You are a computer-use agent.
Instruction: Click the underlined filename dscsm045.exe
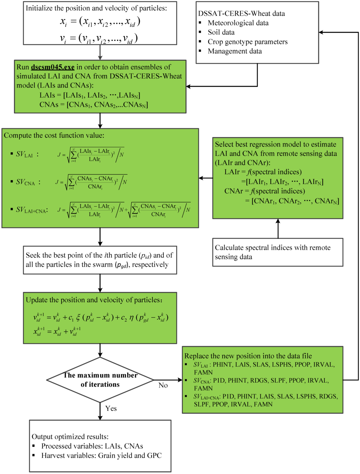click(53, 67)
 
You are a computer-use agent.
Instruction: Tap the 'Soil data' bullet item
click(221, 32)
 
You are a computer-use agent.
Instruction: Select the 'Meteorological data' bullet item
click(238, 23)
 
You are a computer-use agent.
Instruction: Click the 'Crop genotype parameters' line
click(247, 42)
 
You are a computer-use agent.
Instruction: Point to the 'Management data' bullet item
click(234, 51)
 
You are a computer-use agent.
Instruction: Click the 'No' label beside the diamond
click(163, 385)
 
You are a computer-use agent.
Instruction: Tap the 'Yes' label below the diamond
click(111, 408)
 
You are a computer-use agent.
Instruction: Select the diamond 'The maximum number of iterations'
click(100, 380)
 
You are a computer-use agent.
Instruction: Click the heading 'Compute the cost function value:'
click(54, 135)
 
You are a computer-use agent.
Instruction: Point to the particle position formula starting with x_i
click(100, 22)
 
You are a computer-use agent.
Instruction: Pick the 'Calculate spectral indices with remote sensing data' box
click(278, 252)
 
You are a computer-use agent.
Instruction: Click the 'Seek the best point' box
click(100, 260)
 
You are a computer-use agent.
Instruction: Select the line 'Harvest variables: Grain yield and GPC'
click(101, 456)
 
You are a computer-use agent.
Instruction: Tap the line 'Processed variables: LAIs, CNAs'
click(92, 446)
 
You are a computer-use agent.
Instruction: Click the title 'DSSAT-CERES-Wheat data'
click(242, 14)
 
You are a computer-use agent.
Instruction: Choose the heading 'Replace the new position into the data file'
click(248, 356)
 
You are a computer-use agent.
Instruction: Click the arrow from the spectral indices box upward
click(278, 228)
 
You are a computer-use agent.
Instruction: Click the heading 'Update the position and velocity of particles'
click(94, 300)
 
